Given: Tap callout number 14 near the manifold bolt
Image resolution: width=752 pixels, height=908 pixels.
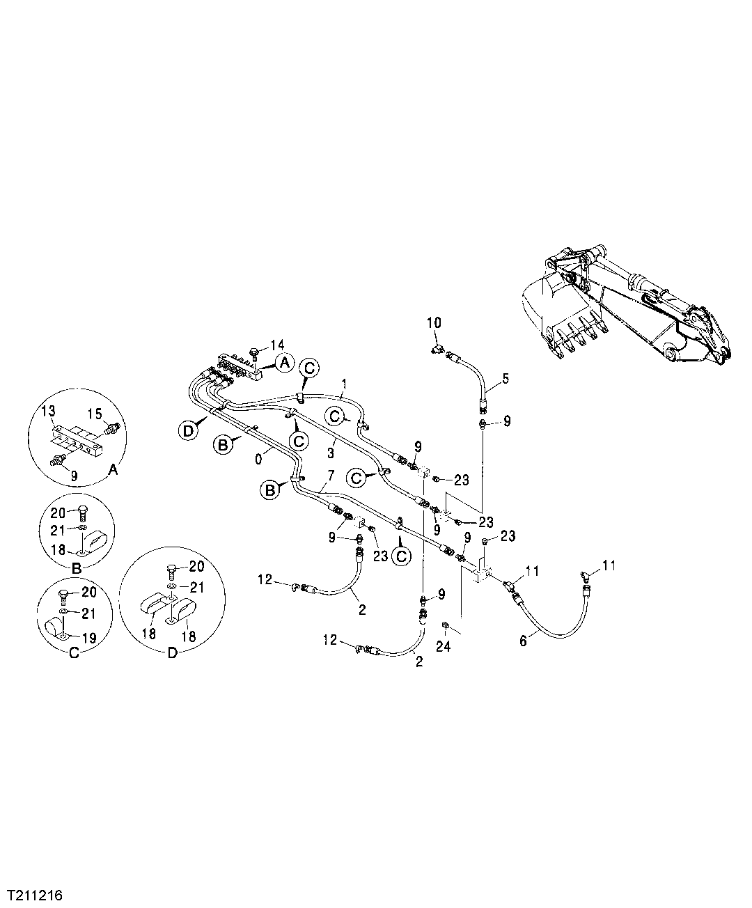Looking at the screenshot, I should point(278,345).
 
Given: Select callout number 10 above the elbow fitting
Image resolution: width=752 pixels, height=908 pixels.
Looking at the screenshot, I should point(434,322).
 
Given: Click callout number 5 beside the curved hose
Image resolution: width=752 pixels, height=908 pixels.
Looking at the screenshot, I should point(506,379).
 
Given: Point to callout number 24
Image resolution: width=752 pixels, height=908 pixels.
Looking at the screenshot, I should point(444,647).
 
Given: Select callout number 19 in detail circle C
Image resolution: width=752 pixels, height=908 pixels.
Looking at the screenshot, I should point(91,637).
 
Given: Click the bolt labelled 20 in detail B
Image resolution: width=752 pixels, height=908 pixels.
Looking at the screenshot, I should point(81,512).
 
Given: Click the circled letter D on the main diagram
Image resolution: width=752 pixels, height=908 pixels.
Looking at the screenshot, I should point(186,432).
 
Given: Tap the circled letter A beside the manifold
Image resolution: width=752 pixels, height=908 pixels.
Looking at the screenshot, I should point(283,361).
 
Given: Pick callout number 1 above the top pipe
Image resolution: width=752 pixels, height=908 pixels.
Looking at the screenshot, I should point(344,384).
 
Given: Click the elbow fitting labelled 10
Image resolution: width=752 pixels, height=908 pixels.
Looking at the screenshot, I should point(436,342).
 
